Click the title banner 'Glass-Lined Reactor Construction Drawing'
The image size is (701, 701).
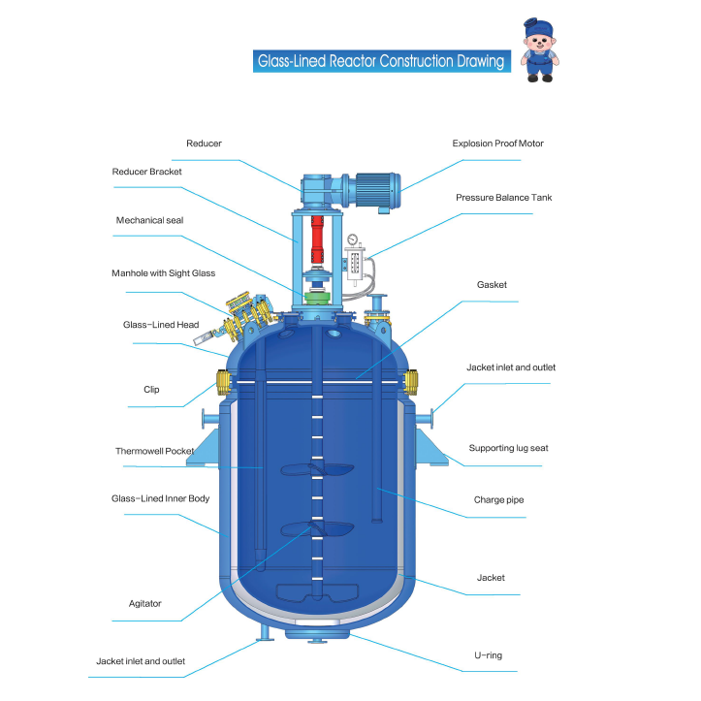(380, 62)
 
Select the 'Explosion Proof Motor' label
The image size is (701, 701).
(497, 143)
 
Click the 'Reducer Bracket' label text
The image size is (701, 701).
(146, 172)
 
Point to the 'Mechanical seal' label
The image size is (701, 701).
(149, 220)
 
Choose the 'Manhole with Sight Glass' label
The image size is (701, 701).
(163, 273)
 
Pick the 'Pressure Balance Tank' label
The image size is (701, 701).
(504, 198)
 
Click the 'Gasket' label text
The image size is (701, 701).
(492, 285)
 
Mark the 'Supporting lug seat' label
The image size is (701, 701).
(508, 448)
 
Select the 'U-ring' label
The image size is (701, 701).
(488, 655)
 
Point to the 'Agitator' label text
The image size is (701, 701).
(145, 603)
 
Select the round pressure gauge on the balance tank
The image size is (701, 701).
(355, 239)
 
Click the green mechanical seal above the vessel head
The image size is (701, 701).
(316, 297)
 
